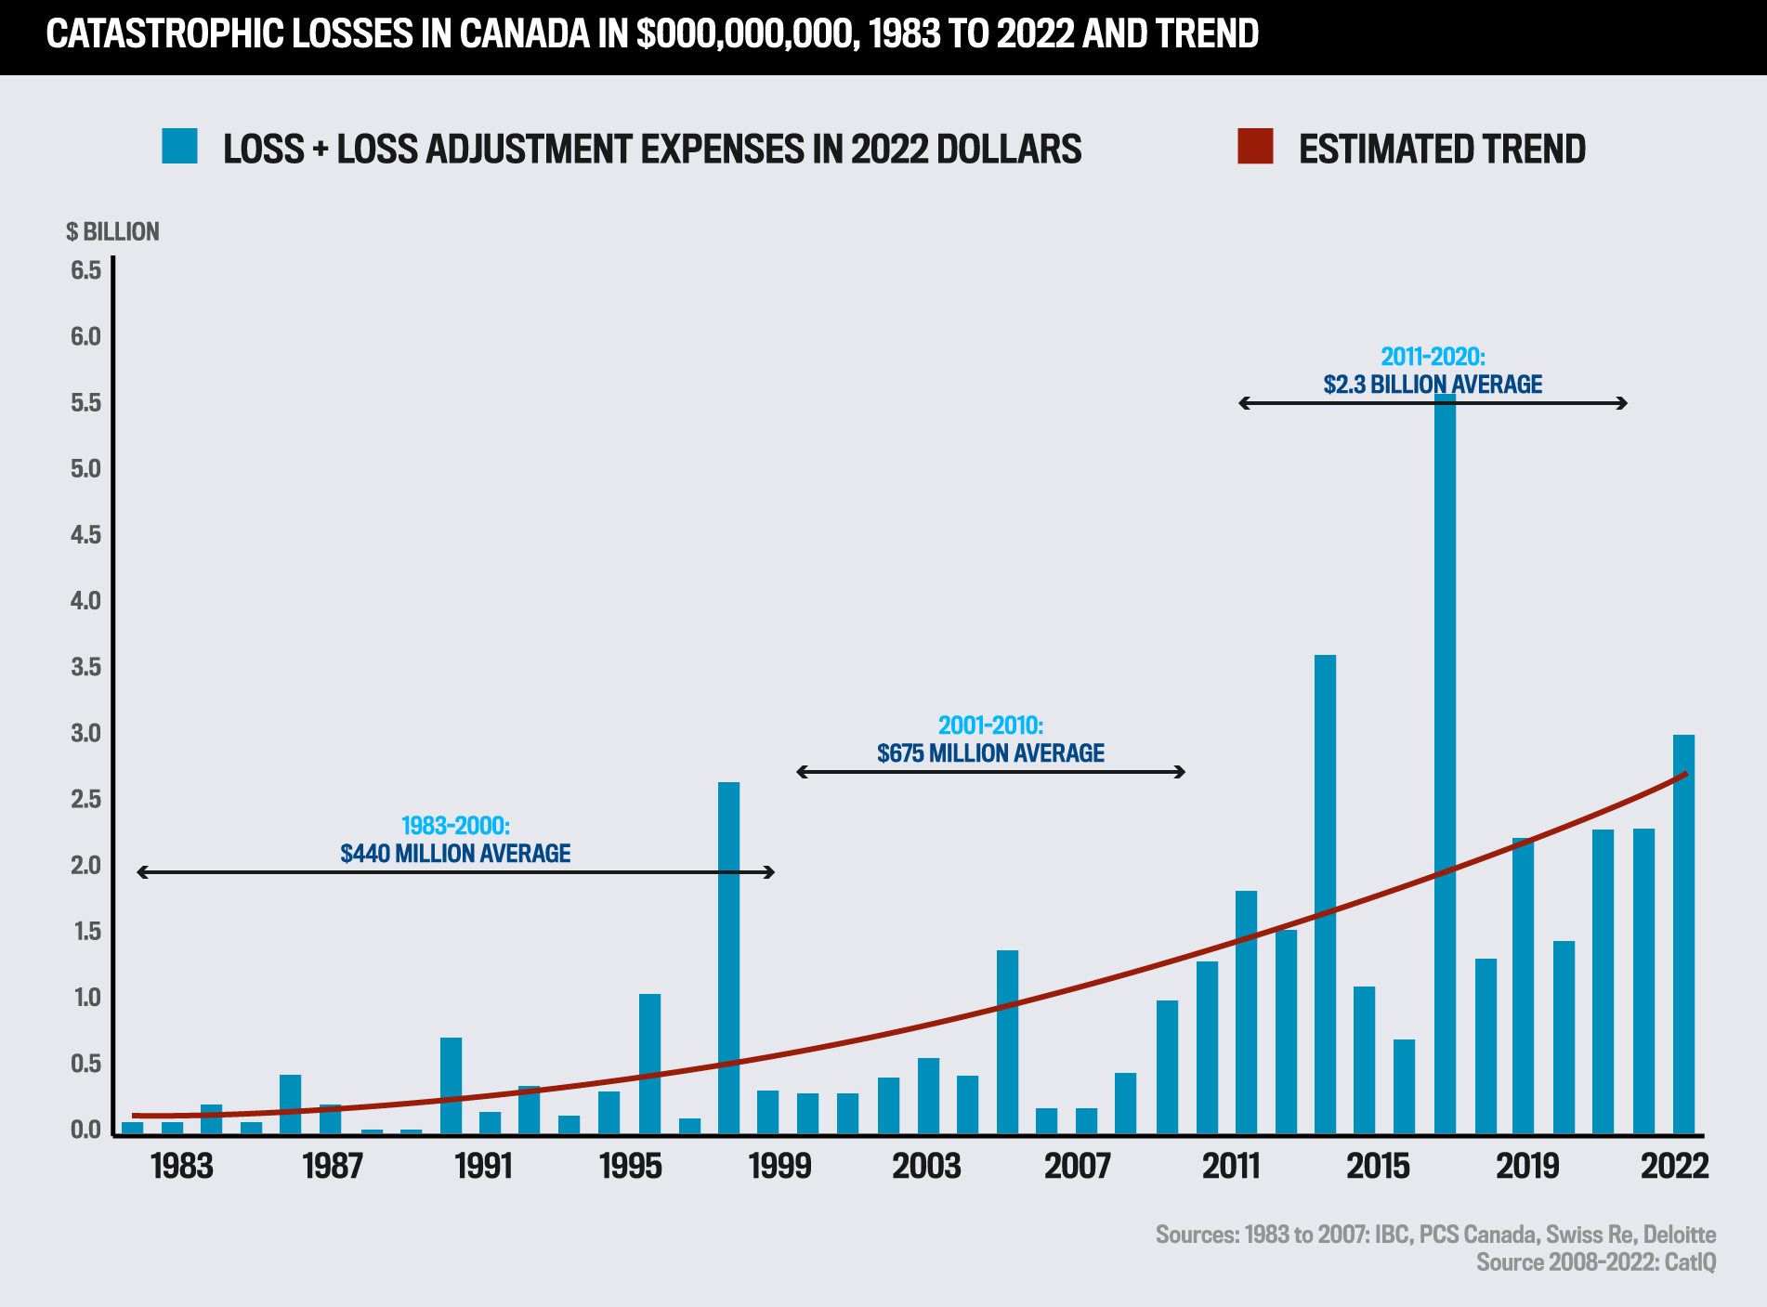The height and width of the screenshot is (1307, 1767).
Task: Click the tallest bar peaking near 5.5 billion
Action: coord(1445,762)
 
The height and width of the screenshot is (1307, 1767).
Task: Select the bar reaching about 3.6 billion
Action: coord(1325,892)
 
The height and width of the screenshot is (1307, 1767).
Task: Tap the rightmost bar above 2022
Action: coord(1683,934)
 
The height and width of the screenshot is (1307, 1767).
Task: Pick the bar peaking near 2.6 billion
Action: coord(728,957)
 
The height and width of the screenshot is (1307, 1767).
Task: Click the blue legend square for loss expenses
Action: coord(179,147)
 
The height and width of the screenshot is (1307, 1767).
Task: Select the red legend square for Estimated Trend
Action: coord(1255,147)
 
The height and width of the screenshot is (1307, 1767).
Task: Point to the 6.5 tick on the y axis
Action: coord(85,270)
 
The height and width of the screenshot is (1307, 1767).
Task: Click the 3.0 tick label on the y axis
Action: coord(85,733)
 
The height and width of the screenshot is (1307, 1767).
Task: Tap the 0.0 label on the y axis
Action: coord(85,1130)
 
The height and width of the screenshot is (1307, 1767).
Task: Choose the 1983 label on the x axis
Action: coord(182,1166)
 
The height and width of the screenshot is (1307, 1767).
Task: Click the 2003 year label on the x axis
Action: coord(926,1166)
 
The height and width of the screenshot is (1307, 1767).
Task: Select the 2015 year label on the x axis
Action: coord(1378,1166)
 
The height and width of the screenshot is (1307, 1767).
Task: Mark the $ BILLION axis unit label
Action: coord(112,231)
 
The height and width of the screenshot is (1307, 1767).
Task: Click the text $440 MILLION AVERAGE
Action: coord(455,853)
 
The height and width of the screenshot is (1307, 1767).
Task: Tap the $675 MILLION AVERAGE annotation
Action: coord(990,752)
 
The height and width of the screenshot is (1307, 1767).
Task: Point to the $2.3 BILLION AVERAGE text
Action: coord(1433,384)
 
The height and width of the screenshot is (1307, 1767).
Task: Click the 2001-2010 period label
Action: coord(990,725)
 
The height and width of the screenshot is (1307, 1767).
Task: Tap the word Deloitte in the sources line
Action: coord(1679,1234)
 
